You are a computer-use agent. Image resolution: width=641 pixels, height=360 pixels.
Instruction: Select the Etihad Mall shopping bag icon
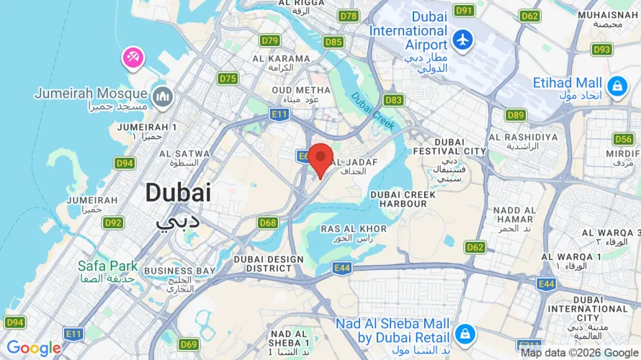tap(617, 87)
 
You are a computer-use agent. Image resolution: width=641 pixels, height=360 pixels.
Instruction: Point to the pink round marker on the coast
tap(133, 58)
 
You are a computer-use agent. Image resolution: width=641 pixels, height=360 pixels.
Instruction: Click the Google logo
tap(34, 348)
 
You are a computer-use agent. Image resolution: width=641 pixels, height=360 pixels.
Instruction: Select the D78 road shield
tap(349, 16)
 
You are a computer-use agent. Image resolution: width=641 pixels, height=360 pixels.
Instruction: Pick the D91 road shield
tap(465, 10)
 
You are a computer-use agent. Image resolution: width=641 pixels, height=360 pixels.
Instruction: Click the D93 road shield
tap(601, 50)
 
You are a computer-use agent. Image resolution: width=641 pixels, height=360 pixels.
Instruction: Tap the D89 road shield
tap(516, 114)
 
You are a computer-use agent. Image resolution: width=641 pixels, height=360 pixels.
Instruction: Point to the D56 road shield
tap(623, 138)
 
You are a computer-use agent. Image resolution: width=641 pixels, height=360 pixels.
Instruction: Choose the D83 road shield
tap(393, 100)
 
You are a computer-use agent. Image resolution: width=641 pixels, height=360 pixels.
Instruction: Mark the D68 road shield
tap(268, 222)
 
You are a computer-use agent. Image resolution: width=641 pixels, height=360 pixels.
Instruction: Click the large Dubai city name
tap(178, 192)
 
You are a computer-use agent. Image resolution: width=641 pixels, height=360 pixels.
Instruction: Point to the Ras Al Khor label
tap(354, 229)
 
